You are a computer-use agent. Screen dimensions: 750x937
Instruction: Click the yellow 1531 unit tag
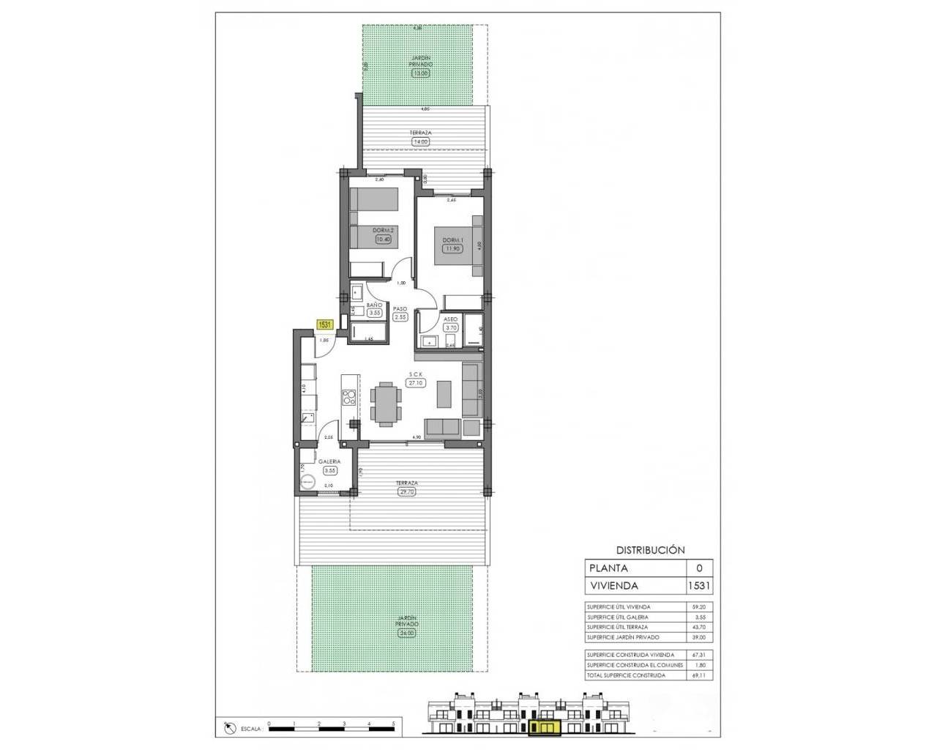pos(325,323)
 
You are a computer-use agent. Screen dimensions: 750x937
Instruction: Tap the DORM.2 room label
pos(382,229)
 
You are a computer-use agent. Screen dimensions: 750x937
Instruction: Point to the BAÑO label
pos(374,305)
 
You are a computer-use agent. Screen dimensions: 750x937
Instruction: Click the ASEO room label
pos(451,319)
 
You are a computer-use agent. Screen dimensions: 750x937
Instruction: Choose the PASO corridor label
pos(400,309)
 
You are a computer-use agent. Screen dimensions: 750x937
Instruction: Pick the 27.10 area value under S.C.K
pos(417,382)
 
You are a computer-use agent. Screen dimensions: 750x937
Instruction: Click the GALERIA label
pos(327,461)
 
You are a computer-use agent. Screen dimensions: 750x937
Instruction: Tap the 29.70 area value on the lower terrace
pos(407,492)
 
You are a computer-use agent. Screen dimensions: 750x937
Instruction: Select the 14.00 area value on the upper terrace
pos(421,141)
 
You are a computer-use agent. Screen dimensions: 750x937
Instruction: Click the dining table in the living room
pos(386,404)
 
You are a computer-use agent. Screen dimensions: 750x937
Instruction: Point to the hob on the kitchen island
pos(349,399)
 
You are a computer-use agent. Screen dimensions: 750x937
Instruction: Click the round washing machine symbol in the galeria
pos(308,480)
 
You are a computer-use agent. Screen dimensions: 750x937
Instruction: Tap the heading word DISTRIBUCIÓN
pos(649,549)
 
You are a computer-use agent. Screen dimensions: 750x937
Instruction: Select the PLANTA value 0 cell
pos(699,568)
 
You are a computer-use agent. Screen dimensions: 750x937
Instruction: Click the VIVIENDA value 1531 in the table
pos(699,586)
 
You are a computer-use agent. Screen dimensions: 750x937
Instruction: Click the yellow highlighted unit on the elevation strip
pos(543,727)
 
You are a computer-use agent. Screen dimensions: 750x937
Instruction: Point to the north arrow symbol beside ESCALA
pos(229,727)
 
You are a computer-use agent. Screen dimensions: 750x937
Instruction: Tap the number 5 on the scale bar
pos(394,724)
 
